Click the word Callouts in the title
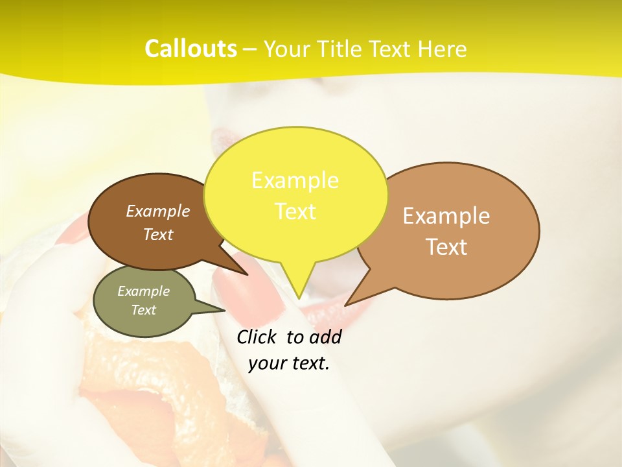pyautogui.click(x=190, y=49)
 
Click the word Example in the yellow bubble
pyautogui.click(x=295, y=180)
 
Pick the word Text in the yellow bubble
pyautogui.click(x=295, y=211)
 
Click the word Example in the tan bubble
pyautogui.click(x=446, y=216)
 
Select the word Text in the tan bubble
pyautogui.click(x=447, y=247)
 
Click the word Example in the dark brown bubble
pyautogui.click(x=158, y=211)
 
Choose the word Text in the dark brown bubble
pyautogui.click(x=158, y=234)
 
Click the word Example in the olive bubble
pyautogui.click(x=143, y=291)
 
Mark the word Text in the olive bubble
pyautogui.click(x=143, y=310)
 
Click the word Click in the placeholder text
pyautogui.click(x=257, y=337)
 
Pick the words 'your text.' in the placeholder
pyautogui.click(x=289, y=363)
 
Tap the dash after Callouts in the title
pyautogui.click(x=250, y=50)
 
